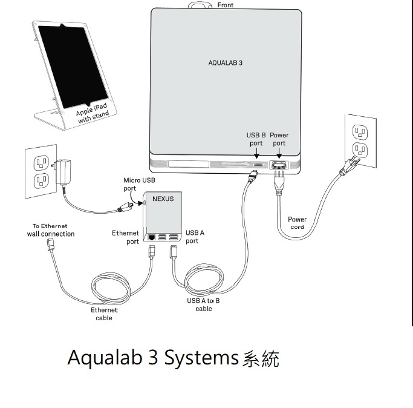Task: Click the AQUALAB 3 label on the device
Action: pos(225,62)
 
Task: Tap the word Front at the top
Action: pos(225,5)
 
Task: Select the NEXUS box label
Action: pos(162,199)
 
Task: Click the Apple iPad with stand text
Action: pos(92,113)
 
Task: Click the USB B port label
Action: pos(256,139)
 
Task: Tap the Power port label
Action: pos(279,139)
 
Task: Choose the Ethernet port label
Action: pos(126,237)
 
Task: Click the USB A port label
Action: pos(195,237)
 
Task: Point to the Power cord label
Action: pos(297,223)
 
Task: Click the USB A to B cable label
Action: pos(203,304)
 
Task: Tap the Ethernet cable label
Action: pos(104,314)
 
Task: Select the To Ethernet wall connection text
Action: pos(51,230)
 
